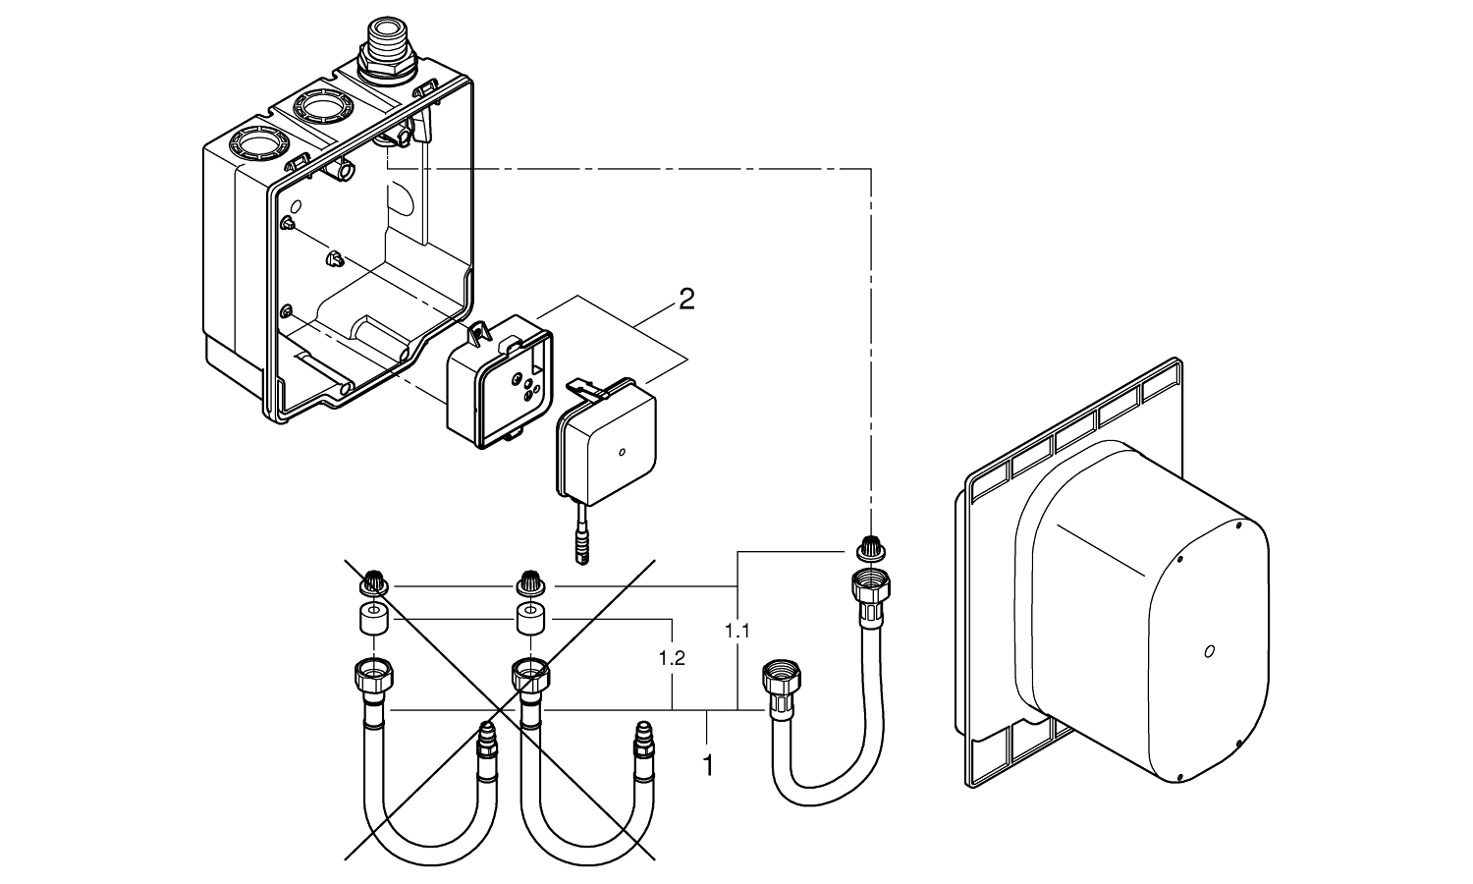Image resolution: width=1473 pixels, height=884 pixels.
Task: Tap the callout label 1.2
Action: tap(673, 658)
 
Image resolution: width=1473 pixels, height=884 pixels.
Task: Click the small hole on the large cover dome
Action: tap(1210, 650)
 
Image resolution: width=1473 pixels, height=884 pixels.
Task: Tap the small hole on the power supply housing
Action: tap(621, 454)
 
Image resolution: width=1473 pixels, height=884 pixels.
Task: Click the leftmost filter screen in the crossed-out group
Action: tap(373, 583)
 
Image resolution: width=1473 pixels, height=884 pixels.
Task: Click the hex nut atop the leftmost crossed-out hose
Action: tap(373, 676)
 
